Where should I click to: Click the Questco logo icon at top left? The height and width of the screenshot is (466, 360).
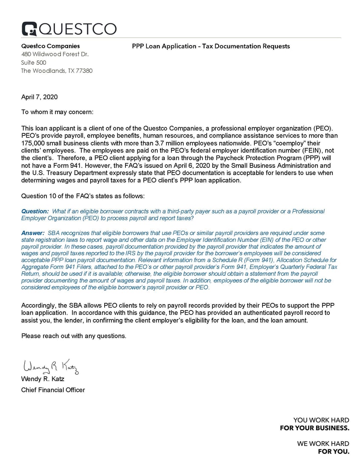29,29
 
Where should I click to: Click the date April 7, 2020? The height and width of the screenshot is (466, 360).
39,97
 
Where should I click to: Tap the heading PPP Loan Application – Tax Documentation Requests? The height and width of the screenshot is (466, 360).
211,46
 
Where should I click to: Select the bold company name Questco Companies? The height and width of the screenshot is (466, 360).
50,46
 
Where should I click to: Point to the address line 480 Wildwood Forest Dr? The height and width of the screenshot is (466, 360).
55,54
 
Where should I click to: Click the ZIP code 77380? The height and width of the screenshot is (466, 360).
83,71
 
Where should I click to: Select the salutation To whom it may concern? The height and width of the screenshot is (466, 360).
57,112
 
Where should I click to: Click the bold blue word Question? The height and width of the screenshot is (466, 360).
35,211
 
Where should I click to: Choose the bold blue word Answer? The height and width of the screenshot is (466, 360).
33,233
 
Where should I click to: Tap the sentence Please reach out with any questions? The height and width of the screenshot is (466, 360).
74,336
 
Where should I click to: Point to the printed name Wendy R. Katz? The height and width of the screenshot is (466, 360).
43,379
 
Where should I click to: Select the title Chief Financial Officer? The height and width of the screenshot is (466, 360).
53,390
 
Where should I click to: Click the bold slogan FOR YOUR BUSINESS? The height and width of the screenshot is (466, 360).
314,428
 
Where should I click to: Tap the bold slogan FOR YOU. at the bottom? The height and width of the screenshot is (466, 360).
334,451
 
